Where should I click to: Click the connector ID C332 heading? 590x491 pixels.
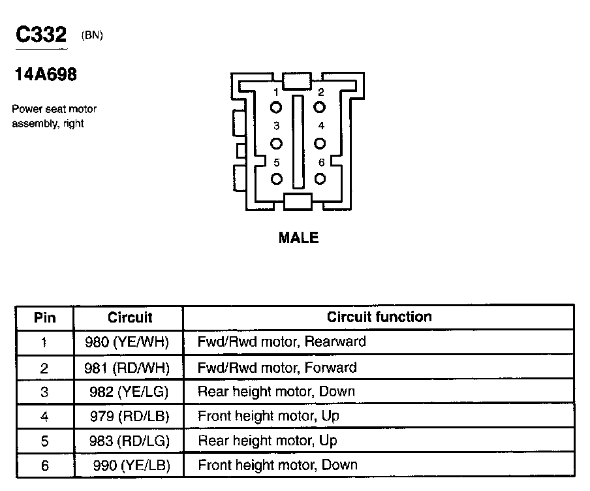[x=41, y=35]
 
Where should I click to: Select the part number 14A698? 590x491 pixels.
[x=46, y=75]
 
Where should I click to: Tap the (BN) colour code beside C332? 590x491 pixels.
[x=92, y=36]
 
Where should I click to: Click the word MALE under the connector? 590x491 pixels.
[x=299, y=238]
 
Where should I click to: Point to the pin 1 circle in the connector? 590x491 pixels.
[x=277, y=108]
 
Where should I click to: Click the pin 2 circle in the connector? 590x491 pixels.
[x=320, y=108]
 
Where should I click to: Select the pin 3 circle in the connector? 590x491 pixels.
[x=277, y=143]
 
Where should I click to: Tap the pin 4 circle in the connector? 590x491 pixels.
[x=320, y=143]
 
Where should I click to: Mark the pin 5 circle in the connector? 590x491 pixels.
[x=277, y=178]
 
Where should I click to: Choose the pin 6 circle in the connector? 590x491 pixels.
[x=320, y=178]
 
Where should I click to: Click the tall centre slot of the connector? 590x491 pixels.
[x=298, y=141]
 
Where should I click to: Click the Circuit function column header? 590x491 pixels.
[x=379, y=317]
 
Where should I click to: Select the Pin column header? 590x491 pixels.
[x=44, y=318]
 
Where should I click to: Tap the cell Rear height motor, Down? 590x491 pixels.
[x=276, y=392]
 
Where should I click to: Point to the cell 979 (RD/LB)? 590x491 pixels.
[x=129, y=416]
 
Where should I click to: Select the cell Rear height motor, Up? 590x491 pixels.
[x=267, y=441]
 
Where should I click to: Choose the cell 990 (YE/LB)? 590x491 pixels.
[x=131, y=466]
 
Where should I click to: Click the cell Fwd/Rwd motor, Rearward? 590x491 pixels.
[x=281, y=342]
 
